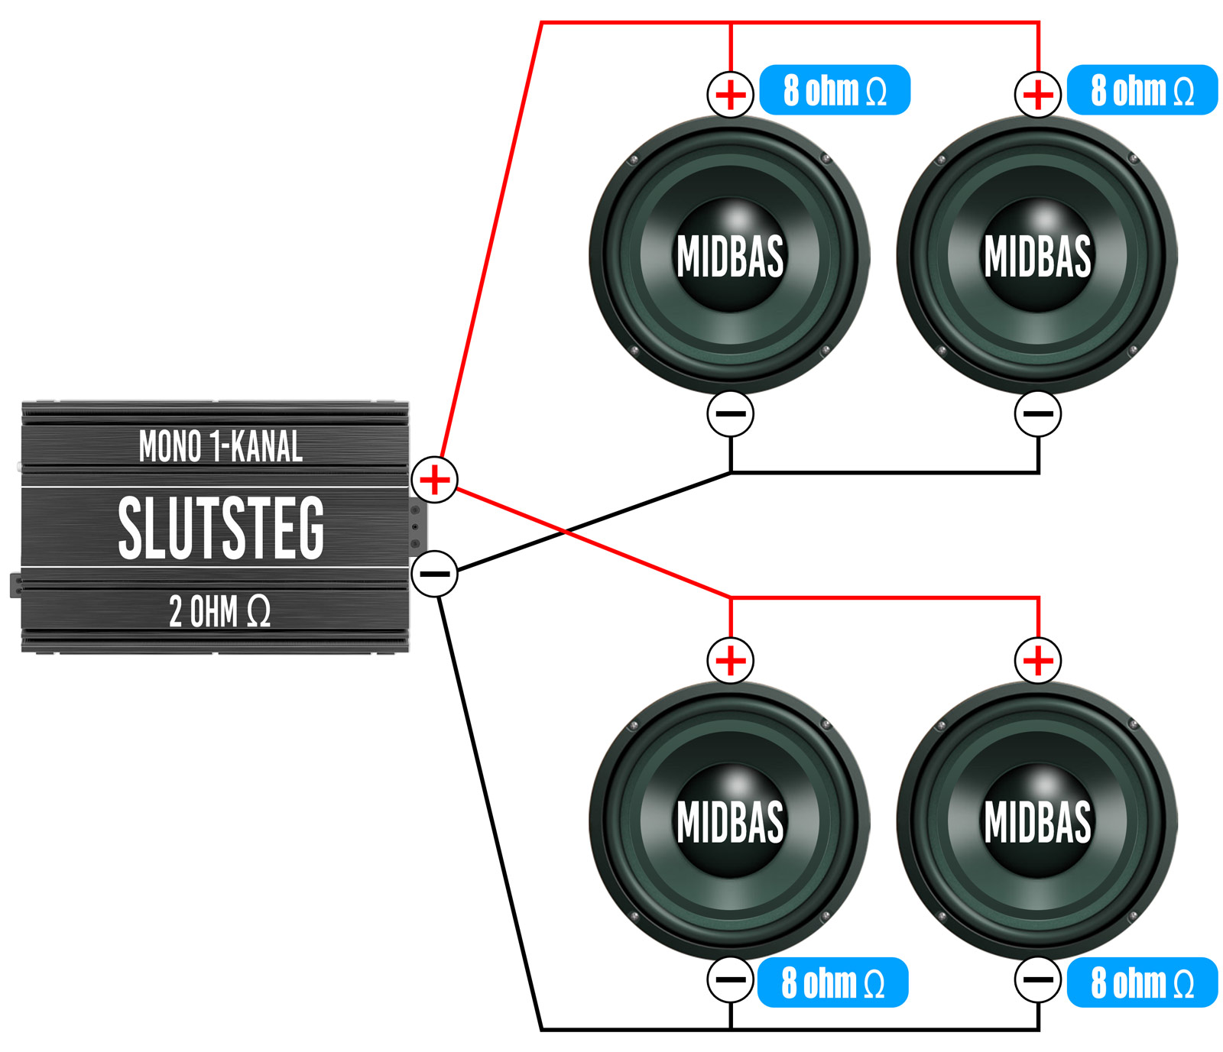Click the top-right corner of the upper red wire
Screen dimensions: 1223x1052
click(1038, 24)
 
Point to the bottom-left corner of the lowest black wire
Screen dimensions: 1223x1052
click(542, 1028)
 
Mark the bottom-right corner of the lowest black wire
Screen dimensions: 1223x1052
click(1038, 1028)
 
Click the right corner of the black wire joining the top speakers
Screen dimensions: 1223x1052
click(1038, 472)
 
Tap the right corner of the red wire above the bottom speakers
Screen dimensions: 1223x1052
click(1038, 597)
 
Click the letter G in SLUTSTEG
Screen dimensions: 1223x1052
click(310, 527)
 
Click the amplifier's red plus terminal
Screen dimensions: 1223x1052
click(434, 480)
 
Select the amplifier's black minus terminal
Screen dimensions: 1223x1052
click(434, 573)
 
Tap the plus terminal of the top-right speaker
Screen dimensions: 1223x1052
click(1038, 95)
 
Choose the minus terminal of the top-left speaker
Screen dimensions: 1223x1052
click(731, 414)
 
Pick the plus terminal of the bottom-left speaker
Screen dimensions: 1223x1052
click(731, 660)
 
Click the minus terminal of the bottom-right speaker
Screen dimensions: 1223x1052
click(1038, 979)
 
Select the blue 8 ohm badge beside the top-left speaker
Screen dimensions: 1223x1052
click(835, 90)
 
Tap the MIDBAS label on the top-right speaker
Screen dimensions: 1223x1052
click(1037, 256)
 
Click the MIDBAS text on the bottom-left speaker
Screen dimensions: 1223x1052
click(730, 821)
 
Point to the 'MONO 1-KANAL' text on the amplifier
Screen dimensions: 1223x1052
click(221, 446)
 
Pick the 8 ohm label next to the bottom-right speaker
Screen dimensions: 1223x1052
click(1142, 982)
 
